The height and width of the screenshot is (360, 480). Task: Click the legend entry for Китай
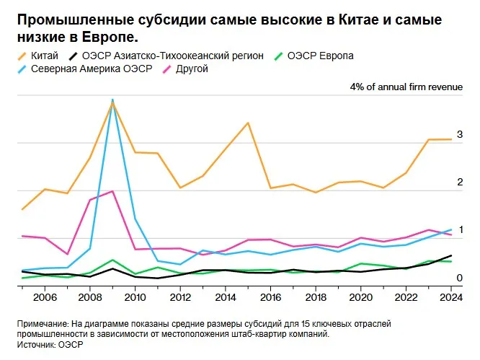(38, 56)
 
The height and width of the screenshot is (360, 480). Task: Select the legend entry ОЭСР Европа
(314, 56)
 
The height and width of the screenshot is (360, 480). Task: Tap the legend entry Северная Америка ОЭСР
(85, 69)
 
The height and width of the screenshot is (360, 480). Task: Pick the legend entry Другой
(185, 69)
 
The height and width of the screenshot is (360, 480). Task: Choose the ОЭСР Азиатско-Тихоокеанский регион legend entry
(166, 56)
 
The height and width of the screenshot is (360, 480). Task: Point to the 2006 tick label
(45, 297)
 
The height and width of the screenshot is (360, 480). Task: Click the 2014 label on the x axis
(226, 297)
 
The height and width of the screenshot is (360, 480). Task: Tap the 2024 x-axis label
(451, 297)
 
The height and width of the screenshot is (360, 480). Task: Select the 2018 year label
(316, 297)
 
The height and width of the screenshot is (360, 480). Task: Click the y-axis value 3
(460, 134)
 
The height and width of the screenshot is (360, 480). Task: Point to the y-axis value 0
(460, 278)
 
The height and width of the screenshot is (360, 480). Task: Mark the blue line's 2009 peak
(112, 100)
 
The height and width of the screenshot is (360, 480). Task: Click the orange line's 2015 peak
(248, 123)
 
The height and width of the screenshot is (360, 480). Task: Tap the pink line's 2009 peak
(112, 191)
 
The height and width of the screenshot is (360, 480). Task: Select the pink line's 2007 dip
(67, 254)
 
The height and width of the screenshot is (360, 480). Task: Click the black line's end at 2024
(451, 255)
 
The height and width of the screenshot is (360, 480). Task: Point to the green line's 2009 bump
(112, 260)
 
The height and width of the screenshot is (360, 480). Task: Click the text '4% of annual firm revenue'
(406, 87)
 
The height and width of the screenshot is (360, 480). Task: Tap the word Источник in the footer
(37, 345)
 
